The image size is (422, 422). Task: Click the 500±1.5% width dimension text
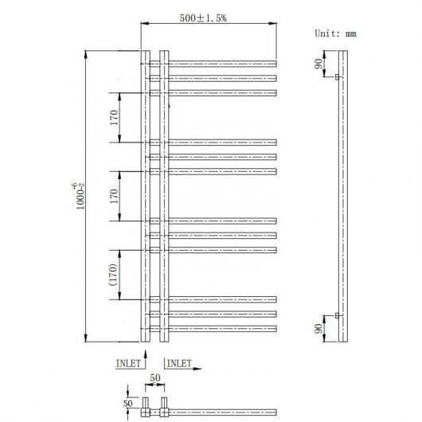tap(203, 18)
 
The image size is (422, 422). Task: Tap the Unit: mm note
tap(335, 33)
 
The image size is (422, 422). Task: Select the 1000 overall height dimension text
tap(80, 196)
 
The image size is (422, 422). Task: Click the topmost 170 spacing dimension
tap(114, 118)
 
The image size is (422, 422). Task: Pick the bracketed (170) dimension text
tap(113, 275)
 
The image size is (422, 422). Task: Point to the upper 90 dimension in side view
tap(318, 64)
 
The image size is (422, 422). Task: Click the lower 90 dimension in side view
tap(318, 329)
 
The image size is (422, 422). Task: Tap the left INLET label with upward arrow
tap(128, 364)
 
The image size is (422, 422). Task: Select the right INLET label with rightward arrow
tap(179, 364)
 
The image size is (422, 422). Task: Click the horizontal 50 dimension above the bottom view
tap(155, 378)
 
